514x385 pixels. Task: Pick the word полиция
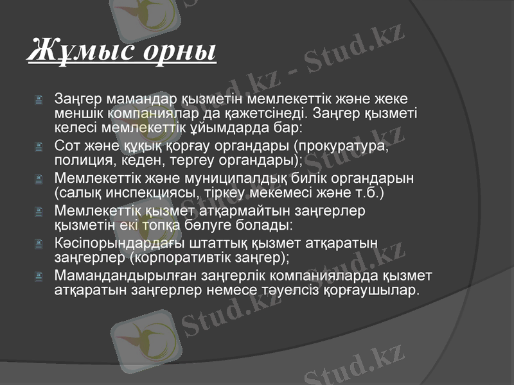(81, 159)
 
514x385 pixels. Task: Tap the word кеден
(138, 159)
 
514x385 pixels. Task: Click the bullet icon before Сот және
(39, 146)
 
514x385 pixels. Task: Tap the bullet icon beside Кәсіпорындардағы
(39, 244)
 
